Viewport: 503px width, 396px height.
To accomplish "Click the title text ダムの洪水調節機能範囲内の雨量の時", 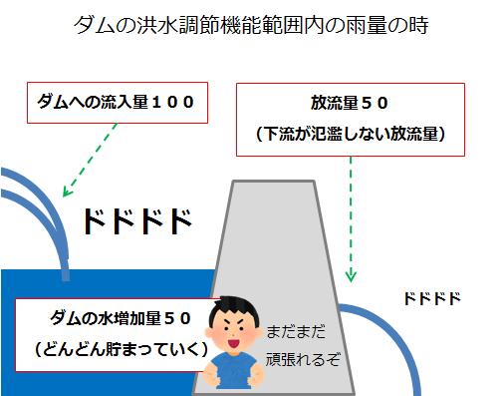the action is [x=251, y=25].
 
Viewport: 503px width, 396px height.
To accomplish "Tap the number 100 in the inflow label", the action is [x=172, y=102].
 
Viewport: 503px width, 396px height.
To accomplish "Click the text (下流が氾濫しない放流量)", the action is [x=351, y=134].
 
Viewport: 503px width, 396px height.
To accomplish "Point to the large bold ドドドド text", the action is [x=137, y=221].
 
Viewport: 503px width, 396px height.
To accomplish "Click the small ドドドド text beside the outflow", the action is [x=432, y=298].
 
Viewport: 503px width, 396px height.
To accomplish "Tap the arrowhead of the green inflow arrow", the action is [x=67, y=192].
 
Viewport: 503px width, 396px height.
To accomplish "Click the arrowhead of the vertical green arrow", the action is [x=351, y=277].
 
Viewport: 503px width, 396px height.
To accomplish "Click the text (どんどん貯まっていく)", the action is [x=122, y=349].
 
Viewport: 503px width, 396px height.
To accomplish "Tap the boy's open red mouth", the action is [x=233, y=343].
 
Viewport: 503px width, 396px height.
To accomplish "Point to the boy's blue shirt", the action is [x=233, y=370].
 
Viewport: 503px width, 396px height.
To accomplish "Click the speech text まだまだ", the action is [x=296, y=332].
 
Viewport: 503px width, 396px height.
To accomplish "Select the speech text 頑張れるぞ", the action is [x=303, y=359].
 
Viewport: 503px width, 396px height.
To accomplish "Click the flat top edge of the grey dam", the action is [x=273, y=182].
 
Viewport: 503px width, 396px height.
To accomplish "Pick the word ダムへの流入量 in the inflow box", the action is [x=93, y=102].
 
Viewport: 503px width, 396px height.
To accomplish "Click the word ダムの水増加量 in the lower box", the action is [x=106, y=318].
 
